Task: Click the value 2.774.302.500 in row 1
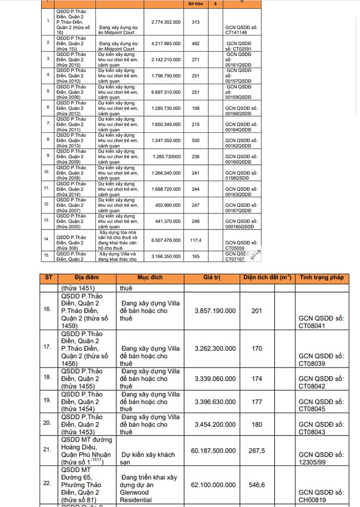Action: tap(166, 22)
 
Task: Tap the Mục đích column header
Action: tap(150, 278)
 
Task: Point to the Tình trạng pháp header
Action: tap(321, 278)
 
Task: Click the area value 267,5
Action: tap(257, 451)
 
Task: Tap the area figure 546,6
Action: tap(257, 485)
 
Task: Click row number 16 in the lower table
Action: tap(47, 309)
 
